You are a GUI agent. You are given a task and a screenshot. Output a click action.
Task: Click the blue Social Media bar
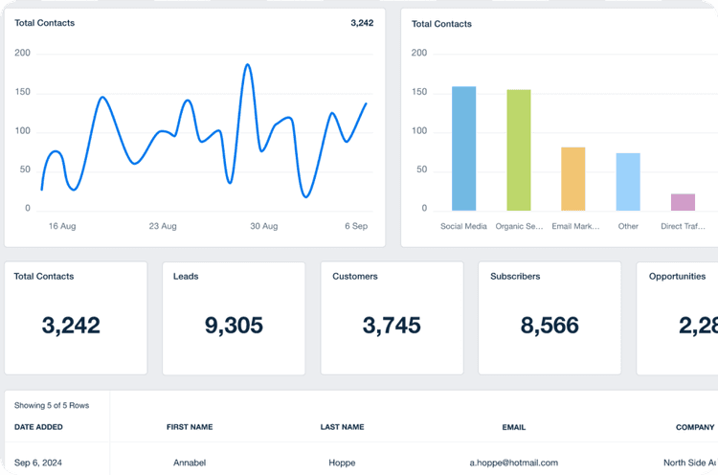(x=463, y=148)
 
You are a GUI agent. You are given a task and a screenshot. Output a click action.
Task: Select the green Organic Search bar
(x=518, y=150)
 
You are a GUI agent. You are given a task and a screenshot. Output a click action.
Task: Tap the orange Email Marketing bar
(x=572, y=179)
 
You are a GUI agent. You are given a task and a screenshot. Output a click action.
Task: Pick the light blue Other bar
(x=628, y=182)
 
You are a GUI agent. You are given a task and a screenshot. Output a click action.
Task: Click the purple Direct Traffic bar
(x=683, y=202)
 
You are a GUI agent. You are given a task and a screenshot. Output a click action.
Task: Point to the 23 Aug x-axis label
(x=163, y=226)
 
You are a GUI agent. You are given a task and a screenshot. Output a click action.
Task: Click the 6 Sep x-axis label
(x=356, y=226)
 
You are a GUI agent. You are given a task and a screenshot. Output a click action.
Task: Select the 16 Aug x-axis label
(x=61, y=226)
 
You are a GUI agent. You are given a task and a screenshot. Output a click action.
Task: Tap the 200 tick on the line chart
(x=22, y=54)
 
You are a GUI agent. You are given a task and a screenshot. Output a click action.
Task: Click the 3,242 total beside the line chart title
(x=362, y=23)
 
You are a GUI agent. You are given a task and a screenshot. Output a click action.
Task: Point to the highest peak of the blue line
(x=247, y=65)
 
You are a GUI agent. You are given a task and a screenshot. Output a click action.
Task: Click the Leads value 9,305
(x=234, y=326)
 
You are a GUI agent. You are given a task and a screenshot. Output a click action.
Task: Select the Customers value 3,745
(x=392, y=326)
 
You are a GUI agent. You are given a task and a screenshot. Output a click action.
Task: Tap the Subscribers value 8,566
(x=550, y=326)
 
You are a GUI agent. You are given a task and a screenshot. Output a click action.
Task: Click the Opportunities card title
(x=677, y=277)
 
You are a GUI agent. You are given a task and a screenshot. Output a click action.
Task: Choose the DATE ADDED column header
(x=39, y=427)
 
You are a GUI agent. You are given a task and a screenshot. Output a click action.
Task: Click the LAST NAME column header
(x=343, y=427)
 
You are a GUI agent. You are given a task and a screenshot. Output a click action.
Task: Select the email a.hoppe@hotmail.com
(x=513, y=463)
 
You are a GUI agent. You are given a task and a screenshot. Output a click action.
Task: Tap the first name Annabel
(x=190, y=463)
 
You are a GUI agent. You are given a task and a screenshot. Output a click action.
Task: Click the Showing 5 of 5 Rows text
(x=52, y=406)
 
